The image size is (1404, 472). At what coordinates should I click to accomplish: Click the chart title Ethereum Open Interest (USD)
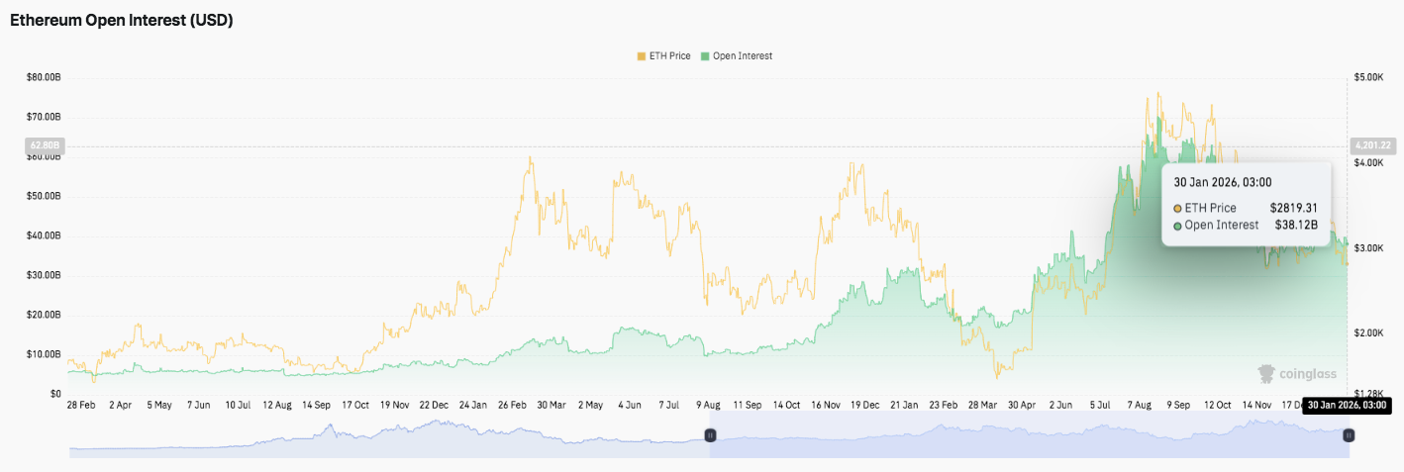pyautogui.click(x=122, y=20)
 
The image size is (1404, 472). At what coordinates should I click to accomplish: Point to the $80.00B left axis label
pyautogui.click(x=44, y=77)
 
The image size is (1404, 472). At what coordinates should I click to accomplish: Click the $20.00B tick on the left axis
pyautogui.click(x=44, y=315)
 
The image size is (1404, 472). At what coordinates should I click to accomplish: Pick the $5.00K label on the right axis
pyautogui.click(x=1368, y=77)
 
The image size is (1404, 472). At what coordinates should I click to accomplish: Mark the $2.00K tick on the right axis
pyautogui.click(x=1368, y=333)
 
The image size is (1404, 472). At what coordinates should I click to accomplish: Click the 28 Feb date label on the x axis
pyautogui.click(x=81, y=405)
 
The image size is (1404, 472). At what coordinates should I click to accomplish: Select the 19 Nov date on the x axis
pyautogui.click(x=394, y=405)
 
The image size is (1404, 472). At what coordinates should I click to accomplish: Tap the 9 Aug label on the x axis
pyautogui.click(x=708, y=405)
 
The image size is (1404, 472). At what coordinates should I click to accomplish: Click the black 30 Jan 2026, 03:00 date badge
pyautogui.click(x=1347, y=405)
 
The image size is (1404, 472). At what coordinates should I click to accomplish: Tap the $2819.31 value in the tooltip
pyautogui.click(x=1293, y=208)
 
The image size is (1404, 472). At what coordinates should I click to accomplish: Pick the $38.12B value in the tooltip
pyautogui.click(x=1296, y=225)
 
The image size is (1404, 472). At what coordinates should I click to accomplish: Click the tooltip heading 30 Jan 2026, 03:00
pyautogui.click(x=1223, y=182)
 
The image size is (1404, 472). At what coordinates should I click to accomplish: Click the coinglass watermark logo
pyautogui.click(x=1297, y=374)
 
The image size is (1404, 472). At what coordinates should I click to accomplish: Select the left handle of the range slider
pyautogui.click(x=710, y=435)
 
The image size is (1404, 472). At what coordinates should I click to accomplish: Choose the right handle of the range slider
pyautogui.click(x=1349, y=435)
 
